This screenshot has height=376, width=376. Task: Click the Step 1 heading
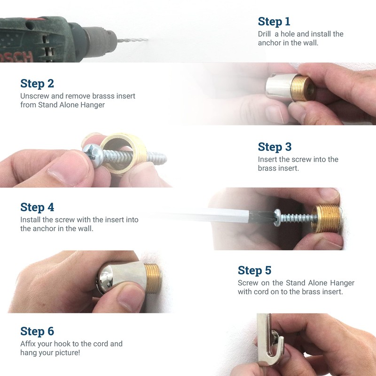coord(274,22)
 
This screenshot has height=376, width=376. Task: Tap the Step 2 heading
coord(37,84)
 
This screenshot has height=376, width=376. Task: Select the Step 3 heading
coord(274,147)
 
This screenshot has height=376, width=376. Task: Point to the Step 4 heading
coord(37,207)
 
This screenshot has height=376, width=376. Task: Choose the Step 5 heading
coord(254,271)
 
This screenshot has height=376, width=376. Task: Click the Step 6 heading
coord(37,331)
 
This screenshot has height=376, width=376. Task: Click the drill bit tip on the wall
coord(147,39)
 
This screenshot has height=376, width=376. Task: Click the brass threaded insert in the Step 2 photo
coord(303,88)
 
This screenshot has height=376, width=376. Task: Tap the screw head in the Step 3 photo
coord(94,155)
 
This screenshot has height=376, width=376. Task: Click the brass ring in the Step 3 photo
coord(123,154)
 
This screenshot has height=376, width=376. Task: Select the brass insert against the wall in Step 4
coord(326,219)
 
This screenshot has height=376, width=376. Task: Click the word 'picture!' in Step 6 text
coord(67,353)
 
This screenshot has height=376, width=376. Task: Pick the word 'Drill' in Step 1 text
coord(264,34)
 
